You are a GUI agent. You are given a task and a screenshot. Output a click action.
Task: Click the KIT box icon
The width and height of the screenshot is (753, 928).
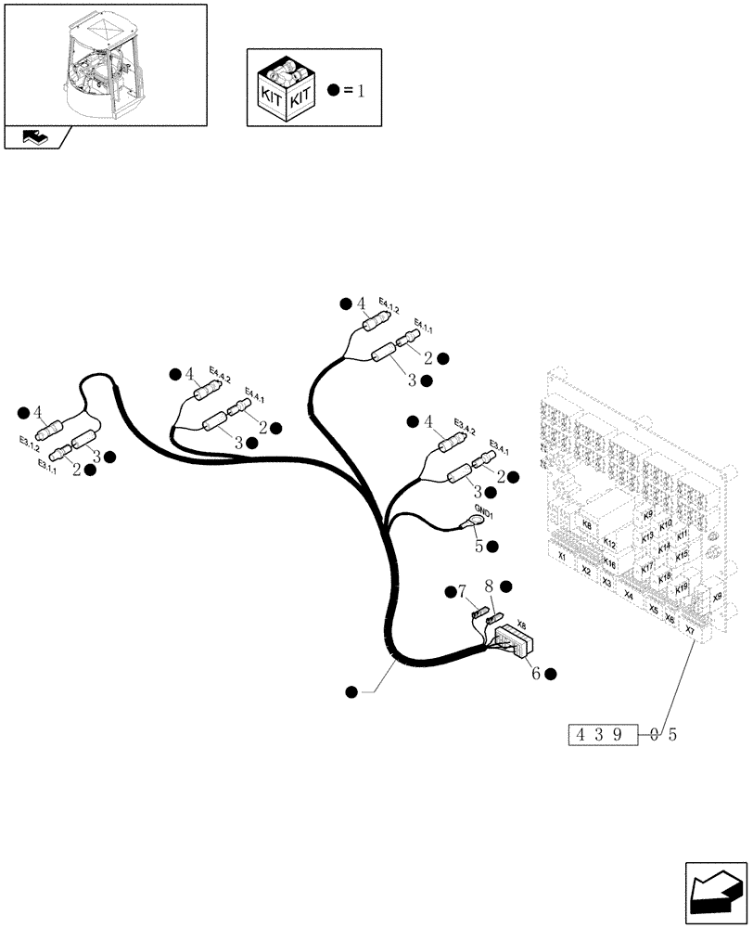click(x=286, y=90)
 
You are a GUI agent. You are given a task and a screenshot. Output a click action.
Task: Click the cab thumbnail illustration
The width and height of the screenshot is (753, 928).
click(x=104, y=62)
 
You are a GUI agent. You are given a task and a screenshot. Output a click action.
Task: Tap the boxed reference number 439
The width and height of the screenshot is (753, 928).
click(x=602, y=735)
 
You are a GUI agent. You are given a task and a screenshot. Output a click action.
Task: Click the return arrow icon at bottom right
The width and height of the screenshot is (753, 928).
click(x=716, y=893)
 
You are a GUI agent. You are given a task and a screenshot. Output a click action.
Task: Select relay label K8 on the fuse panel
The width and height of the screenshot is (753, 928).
click(x=586, y=525)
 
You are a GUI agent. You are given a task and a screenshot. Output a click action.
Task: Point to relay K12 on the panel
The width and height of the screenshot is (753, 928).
click(x=609, y=542)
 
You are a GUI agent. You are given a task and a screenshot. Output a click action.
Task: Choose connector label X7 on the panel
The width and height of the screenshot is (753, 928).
click(x=688, y=630)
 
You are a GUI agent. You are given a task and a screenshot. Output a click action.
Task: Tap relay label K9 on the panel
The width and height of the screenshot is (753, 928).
click(x=647, y=515)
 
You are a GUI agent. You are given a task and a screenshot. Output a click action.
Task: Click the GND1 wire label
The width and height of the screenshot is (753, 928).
click(x=484, y=511)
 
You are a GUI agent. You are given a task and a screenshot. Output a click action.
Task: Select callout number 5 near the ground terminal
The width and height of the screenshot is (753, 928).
click(x=479, y=546)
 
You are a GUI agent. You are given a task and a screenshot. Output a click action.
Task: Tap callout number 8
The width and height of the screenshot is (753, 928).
click(x=488, y=586)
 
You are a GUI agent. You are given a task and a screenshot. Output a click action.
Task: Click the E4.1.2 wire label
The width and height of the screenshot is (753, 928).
click(x=389, y=309)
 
